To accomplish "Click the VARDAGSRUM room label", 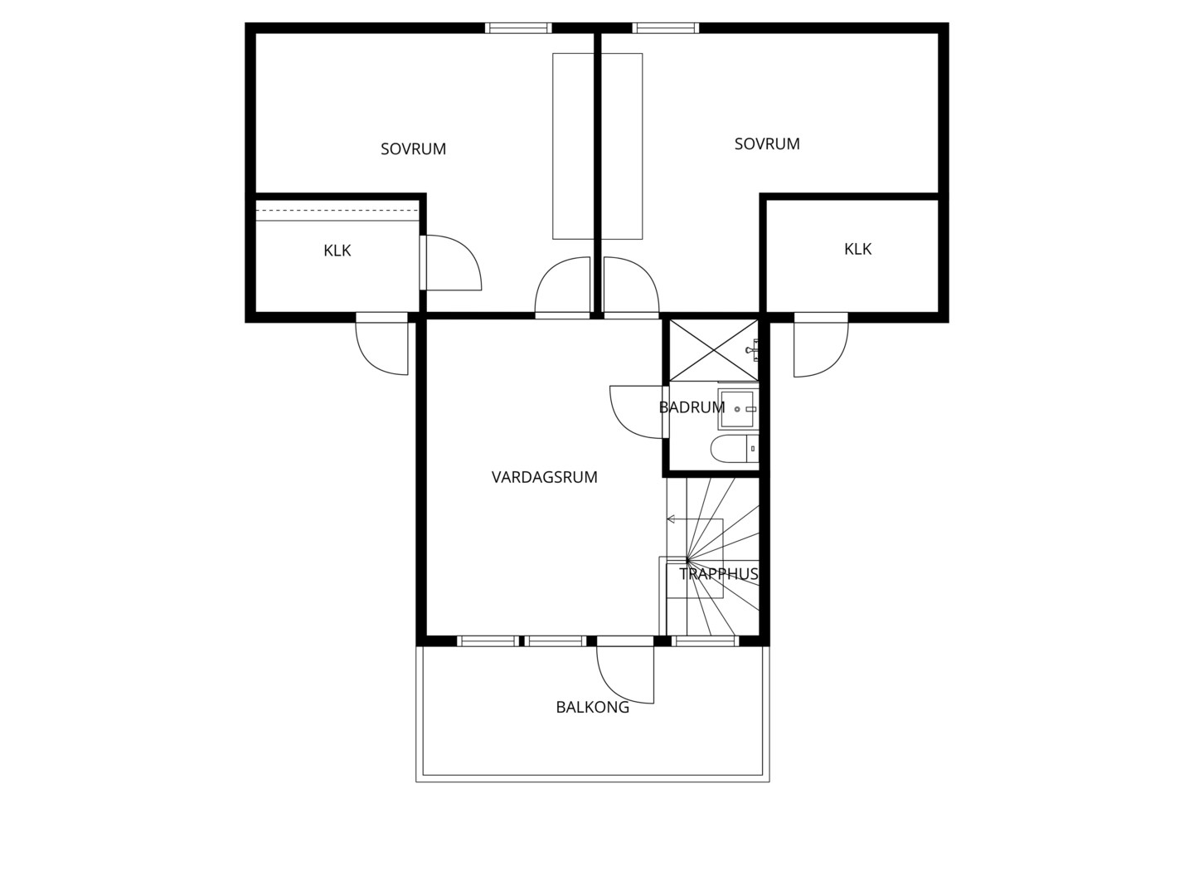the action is pyautogui.click(x=544, y=477).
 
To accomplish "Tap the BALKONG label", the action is pyautogui.click(x=592, y=707).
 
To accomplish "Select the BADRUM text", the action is pyautogui.click(x=692, y=407).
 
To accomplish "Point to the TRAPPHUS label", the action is pyautogui.click(x=719, y=574).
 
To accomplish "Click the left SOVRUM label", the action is pyautogui.click(x=414, y=149).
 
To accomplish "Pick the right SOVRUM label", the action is pyautogui.click(x=767, y=144).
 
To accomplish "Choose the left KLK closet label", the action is pyautogui.click(x=337, y=251).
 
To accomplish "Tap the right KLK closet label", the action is pyautogui.click(x=858, y=249).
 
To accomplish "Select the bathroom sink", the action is pyautogui.click(x=738, y=409).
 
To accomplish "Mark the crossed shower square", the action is pyautogui.click(x=713, y=350).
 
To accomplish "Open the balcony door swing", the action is pyautogui.click(x=625, y=674).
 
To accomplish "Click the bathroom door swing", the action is pyautogui.click(x=637, y=411).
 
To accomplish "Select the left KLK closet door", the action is pyautogui.click(x=450, y=262).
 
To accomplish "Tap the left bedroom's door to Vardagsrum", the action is pyautogui.click(x=562, y=287).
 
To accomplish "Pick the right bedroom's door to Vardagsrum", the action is pyautogui.click(x=632, y=287).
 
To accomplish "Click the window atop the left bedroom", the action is pyautogui.click(x=518, y=27).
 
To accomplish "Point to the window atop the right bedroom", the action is pyautogui.click(x=666, y=27).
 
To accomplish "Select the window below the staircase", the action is pyautogui.click(x=706, y=641).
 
